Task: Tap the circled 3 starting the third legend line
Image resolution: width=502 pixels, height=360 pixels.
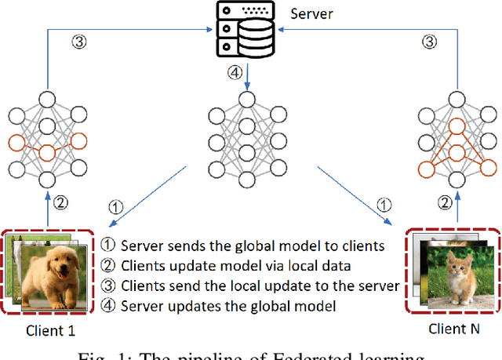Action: pos(109,284)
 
